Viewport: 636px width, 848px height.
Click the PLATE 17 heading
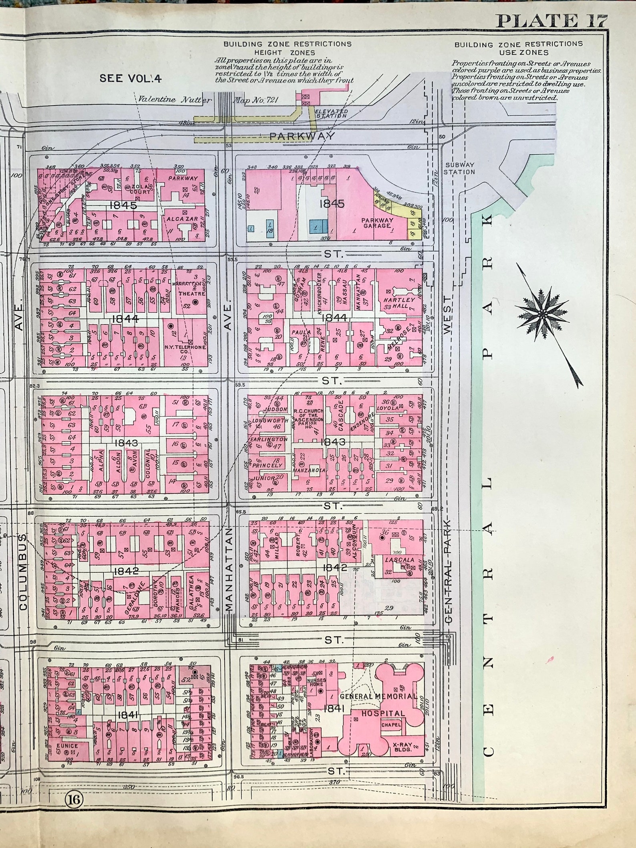coord(552,21)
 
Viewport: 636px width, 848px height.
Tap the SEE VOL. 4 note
coord(131,78)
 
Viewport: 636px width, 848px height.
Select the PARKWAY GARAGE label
coord(377,223)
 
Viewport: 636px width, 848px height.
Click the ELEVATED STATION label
coord(331,114)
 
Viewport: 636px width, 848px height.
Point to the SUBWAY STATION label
coord(459,168)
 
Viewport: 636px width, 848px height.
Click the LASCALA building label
coord(394,560)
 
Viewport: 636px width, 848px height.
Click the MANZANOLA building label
coord(310,470)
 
